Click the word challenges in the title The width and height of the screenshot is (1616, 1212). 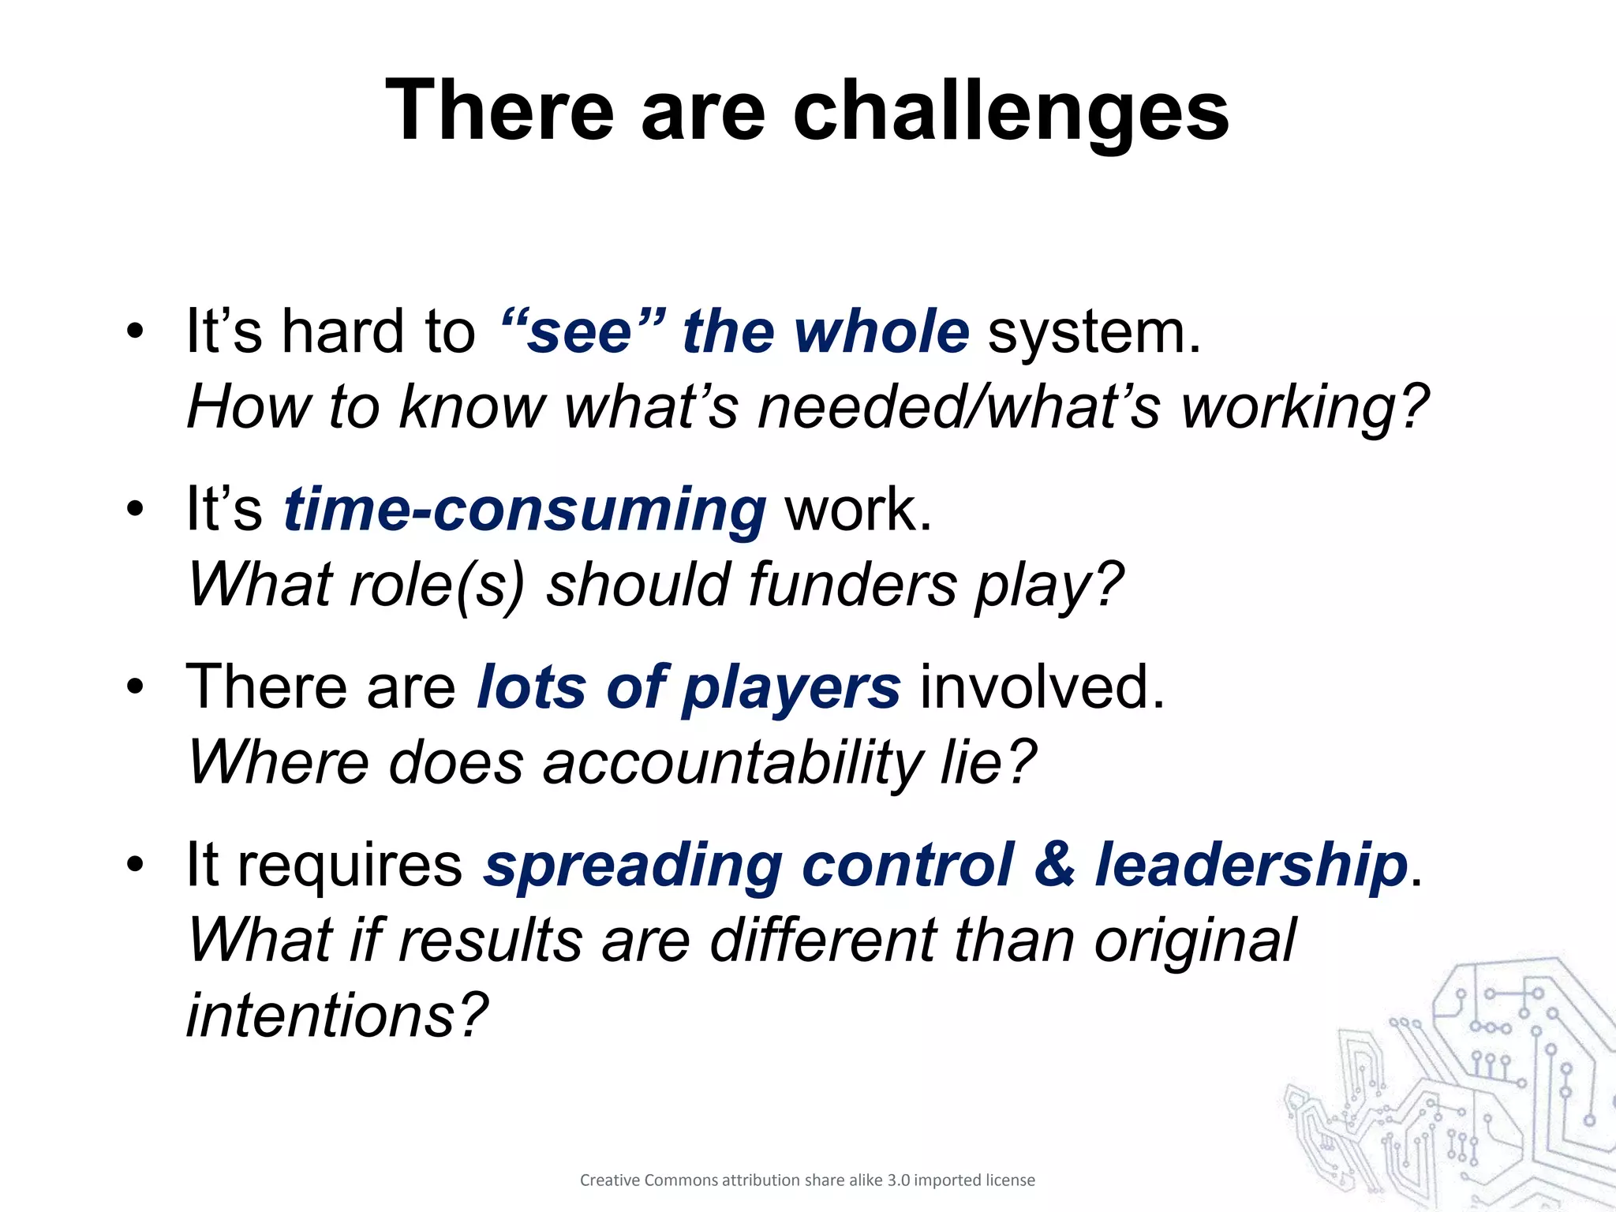point(1010,112)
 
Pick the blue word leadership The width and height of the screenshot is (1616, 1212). point(1251,865)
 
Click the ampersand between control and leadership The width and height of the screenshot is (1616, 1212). point(1054,865)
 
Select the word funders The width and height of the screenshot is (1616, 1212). point(853,585)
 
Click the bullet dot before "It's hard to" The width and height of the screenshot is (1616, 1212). point(136,331)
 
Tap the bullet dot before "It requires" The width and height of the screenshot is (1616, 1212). point(136,865)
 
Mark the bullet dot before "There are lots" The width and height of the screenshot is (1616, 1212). point(136,687)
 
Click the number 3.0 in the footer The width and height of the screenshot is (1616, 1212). point(898,1180)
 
